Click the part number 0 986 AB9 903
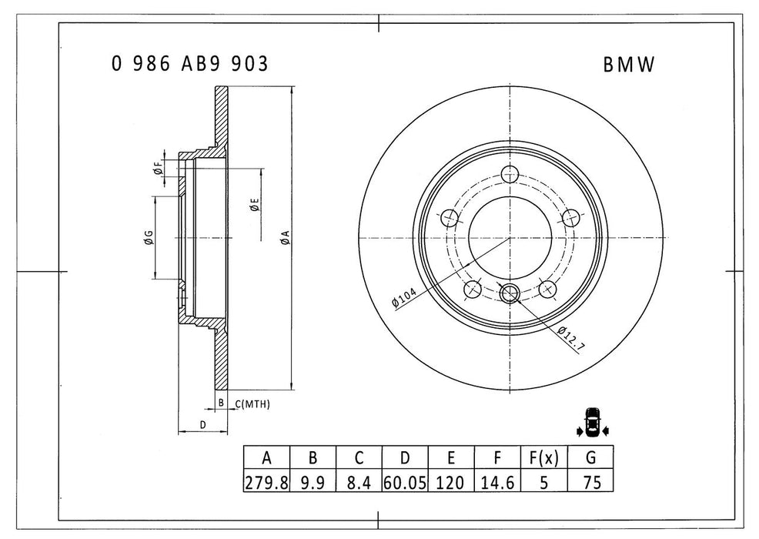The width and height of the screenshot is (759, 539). [190, 65]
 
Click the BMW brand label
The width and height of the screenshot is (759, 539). [628, 66]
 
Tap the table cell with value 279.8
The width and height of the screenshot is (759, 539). [266, 482]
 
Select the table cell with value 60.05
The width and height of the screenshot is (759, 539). [405, 482]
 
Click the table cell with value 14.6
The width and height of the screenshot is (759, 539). [497, 482]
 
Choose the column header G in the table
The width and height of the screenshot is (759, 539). [590, 458]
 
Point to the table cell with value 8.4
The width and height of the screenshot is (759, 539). [359, 482]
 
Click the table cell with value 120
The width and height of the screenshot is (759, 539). [451, 482]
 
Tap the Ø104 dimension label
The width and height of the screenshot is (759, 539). [405, 296]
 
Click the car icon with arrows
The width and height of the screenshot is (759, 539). [591, 422]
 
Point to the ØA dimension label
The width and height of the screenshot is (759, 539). [284, 237]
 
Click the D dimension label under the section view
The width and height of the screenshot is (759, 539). [202, 424]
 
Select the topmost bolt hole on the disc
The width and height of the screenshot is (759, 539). [508, 173]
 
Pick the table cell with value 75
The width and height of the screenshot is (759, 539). [590, 482]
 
